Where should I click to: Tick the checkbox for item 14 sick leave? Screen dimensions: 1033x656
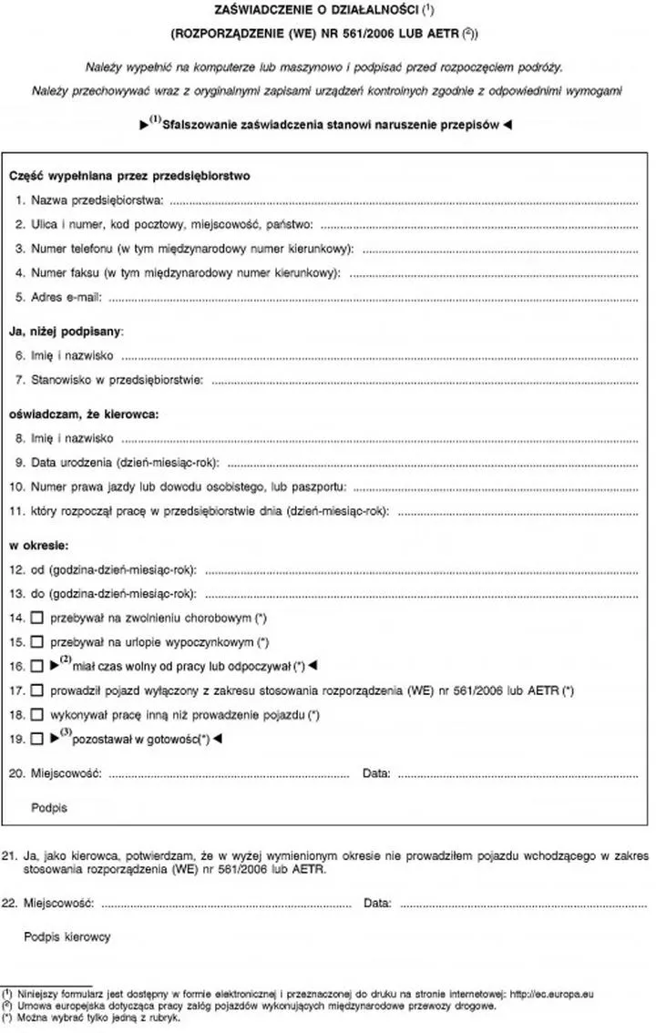click(36, 619)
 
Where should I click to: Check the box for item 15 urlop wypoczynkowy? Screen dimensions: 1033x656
click(36, 642)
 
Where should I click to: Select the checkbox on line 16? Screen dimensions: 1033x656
click(36, 667)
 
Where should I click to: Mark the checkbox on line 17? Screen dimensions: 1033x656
click(36, 690)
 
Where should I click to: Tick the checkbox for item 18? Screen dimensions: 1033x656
click(36, 715)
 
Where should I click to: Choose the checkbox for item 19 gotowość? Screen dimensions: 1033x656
click(36, 740)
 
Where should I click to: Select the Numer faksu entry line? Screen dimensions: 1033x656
click(493, 273)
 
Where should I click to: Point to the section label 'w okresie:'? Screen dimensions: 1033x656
click(39, 546)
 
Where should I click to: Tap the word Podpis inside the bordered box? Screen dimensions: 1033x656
click(49, 807)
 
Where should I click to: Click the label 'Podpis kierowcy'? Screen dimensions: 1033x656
click(68, 936)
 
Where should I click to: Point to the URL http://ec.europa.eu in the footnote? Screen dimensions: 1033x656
click(551, 996)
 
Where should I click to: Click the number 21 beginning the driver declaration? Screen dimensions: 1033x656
click(10, 856)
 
